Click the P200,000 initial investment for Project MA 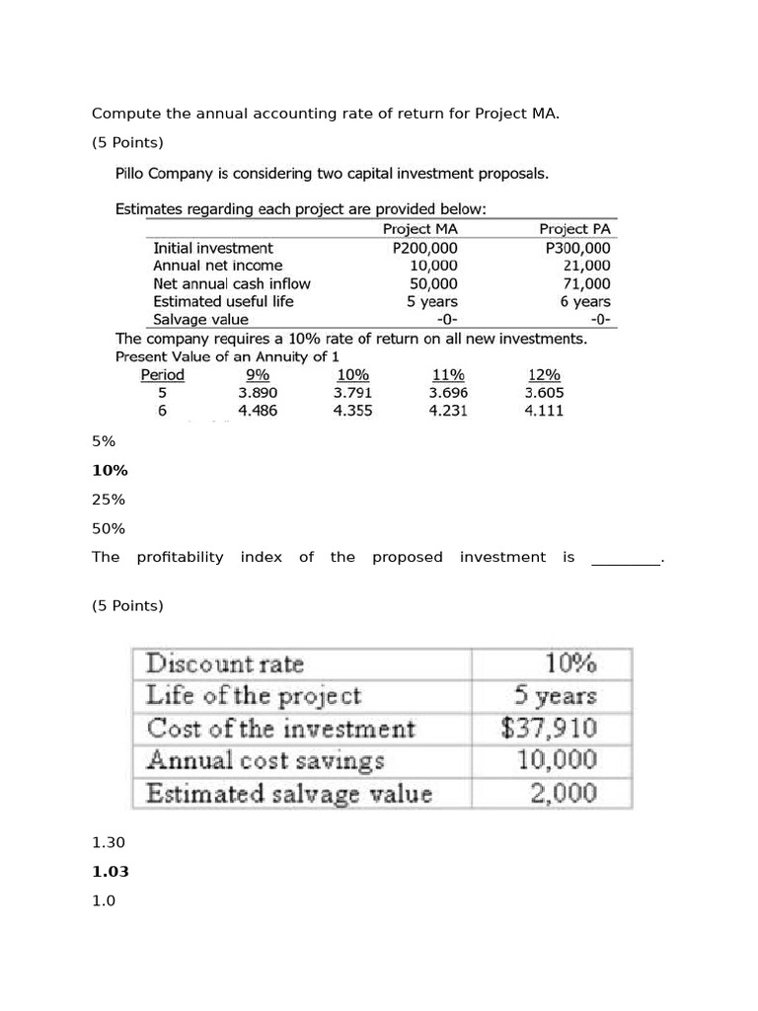pyautogui.click(x=425, y=248)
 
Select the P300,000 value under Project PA pyautogui.click(x=578, y=248)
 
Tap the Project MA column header pyautogui.click(x=419, y=229)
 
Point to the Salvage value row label pyautogui.click(x=200, y=319)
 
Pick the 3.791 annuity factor pyautogui.click(x=352, y=392)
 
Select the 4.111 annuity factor pyautogui.click(x=544, y=410)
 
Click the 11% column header pyautogui.click(x=448, y=374)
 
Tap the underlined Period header pyautogui.click(x=162, y=374)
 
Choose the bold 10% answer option pyautogui.click(x=110, y=471)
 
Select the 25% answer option pyautogui.click(x=109, y=500)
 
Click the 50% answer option pyautogui.click(x=109, y=528)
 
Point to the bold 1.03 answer pyautogui.click(x=110, y=872)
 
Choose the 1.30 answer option pyautogui.click(x=109, y=842)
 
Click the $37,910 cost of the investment pyautogui.click(x=549, y=729)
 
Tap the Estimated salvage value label pyautogui.click(x=289, y=793)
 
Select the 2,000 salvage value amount pyautogui.click(x=562, y=793)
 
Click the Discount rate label pyautogui.click(x=225, y=663)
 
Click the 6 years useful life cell pyautogui.click(x=585, y=301)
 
